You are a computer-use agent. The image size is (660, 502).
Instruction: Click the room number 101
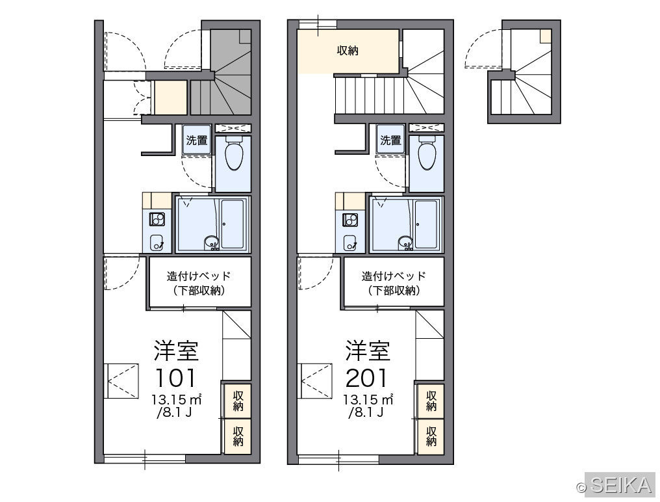[175, 378]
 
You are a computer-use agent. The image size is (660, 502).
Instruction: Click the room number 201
[366, 378]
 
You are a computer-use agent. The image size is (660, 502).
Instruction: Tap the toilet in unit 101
[234, 153]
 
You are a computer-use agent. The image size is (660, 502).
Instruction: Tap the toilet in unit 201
[427, 153]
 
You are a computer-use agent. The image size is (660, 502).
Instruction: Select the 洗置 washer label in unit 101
[197, 140]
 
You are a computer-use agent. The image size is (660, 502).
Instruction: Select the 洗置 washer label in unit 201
[390, 140]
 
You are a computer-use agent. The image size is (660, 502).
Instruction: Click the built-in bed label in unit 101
[199, 284]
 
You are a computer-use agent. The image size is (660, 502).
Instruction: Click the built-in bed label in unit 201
[394, 284]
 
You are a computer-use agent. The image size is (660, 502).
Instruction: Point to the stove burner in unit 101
[157, 220]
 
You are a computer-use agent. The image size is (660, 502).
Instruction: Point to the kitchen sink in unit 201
[350, 243]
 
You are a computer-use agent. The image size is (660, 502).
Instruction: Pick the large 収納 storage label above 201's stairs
[348, 51]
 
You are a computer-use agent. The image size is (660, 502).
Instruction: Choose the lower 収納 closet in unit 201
[431, 437]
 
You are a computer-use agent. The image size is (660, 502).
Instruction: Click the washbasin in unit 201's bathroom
[405, 243]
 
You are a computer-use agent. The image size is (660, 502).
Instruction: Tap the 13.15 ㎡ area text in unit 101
[177, 399]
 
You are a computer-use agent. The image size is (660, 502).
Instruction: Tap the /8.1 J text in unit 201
[366, 412]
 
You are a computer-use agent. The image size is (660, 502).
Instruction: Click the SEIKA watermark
[621, 485]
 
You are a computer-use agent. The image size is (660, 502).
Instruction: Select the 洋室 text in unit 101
[176, 350]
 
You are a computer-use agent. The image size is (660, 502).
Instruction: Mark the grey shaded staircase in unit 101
[222, 72]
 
